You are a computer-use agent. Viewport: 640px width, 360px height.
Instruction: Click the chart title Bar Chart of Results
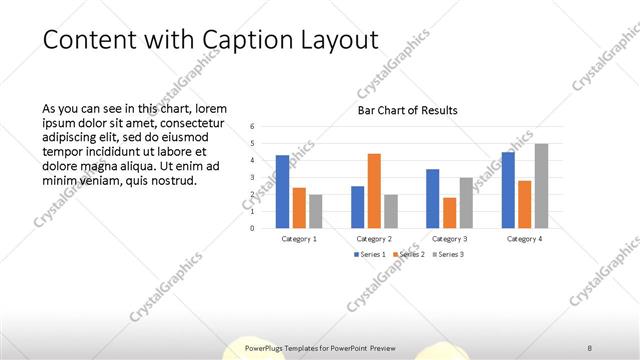407,110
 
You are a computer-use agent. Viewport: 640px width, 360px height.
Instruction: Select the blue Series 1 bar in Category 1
282,191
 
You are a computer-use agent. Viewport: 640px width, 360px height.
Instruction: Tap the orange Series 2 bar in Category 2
374,190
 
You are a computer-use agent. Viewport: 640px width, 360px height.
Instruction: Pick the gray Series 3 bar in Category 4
541,185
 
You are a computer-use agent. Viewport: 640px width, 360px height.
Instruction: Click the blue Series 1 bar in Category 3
432,198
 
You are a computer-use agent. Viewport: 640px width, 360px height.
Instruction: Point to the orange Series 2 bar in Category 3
449,212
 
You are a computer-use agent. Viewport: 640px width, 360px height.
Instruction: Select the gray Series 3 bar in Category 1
316,211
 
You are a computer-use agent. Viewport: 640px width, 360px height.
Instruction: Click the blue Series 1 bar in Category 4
508,189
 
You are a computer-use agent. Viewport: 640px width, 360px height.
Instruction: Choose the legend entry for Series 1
368,255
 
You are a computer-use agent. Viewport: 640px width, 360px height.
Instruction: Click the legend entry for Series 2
410,255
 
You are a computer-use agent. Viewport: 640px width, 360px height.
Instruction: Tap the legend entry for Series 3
448,255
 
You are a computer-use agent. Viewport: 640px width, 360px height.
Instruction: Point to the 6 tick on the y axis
252,127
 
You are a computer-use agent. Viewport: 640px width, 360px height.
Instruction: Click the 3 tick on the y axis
252,177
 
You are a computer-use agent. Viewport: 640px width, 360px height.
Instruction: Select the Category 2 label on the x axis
374,239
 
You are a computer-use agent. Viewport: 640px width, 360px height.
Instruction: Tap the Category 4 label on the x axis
524,239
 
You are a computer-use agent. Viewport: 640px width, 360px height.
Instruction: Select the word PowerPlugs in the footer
265,347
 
